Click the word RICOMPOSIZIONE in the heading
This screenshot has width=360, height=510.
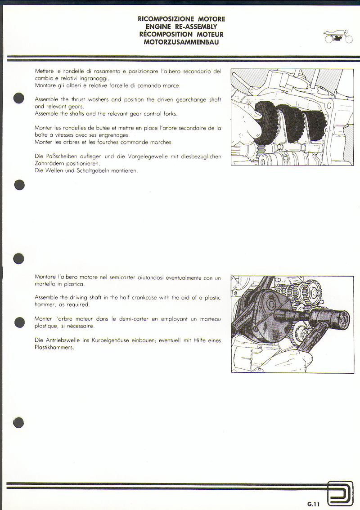[166, 19]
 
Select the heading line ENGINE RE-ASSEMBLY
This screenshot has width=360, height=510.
[181, 27]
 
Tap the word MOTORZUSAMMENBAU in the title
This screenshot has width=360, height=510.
[181, 42]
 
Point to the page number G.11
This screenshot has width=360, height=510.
[314, 504]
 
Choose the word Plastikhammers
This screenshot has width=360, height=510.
[54, 348]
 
